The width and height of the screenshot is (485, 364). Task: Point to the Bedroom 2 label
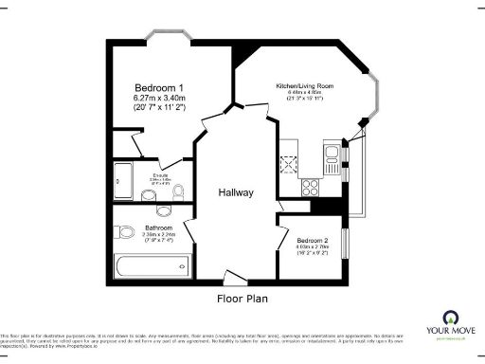point(312,241)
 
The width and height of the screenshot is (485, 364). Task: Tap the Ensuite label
point(160,175)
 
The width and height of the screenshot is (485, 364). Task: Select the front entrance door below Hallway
point(234,278)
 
